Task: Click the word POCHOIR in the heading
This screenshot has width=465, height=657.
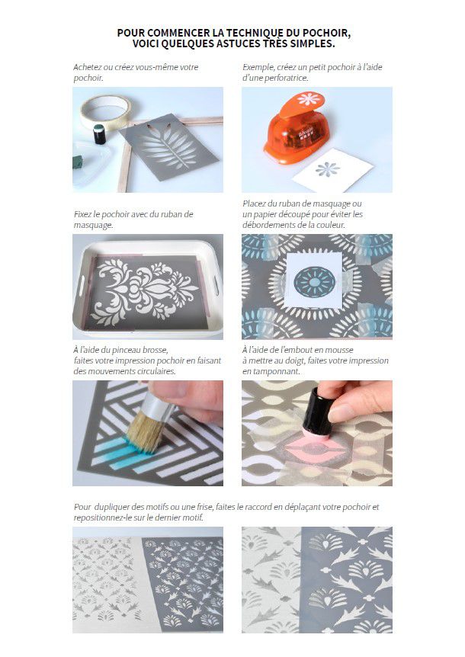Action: point(325,33)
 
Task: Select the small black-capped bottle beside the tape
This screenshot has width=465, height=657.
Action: point(99,134)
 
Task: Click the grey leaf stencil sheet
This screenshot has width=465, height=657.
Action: point(168,146)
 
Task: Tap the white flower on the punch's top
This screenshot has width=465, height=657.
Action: point(309,99)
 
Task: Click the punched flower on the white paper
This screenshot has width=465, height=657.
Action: point(328,169)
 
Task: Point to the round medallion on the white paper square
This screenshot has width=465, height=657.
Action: point(314,281)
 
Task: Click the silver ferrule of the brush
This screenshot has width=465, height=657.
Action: point(158,405)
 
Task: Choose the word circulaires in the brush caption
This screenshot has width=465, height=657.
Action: point(154,371)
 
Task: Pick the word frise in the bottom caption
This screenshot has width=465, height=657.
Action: point(204,507)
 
